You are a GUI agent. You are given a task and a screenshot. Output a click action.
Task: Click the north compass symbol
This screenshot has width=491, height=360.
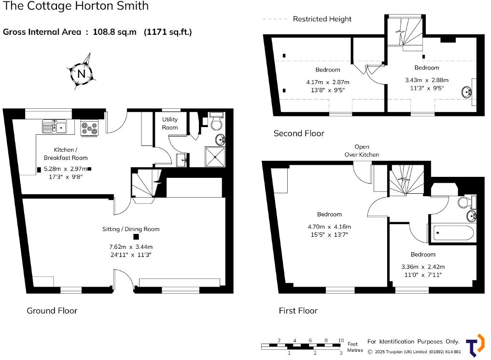pos(82,73)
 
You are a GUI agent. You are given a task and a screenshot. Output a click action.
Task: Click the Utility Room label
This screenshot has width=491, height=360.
pos(170,123)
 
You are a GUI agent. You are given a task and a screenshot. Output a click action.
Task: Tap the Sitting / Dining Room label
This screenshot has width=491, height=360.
pos(131,229)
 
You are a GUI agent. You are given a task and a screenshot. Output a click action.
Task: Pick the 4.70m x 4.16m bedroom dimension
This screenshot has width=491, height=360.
pos(329,227)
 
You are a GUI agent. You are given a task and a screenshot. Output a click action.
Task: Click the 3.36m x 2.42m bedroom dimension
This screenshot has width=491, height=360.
pos(423,267)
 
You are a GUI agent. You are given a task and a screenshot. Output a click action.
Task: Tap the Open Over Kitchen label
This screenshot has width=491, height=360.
pos(362,150)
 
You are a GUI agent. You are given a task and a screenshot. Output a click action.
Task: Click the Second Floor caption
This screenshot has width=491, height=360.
pos(299,133)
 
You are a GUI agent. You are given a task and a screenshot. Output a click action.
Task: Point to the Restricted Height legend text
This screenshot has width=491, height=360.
pos(322,19)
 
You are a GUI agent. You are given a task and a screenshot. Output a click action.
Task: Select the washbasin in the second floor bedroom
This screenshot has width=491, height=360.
pos(467,92)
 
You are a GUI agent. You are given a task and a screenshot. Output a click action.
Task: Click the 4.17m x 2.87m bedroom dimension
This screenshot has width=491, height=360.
pos(327,82)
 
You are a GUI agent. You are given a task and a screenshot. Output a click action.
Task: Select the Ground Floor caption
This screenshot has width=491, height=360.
pos(52,310)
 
